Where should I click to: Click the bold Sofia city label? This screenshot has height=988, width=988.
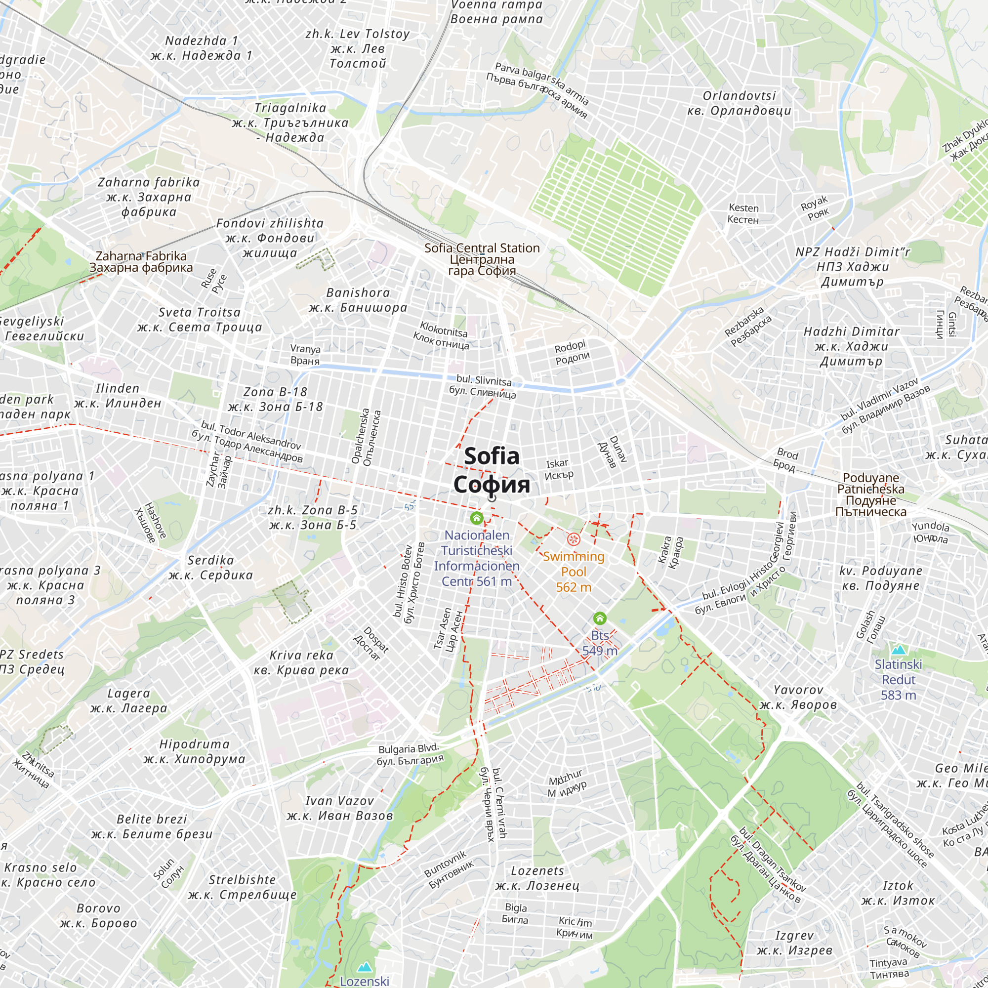click(492, 470)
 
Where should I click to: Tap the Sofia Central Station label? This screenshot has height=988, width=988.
click(482, 259)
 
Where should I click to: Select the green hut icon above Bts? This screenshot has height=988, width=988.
click(600, 618)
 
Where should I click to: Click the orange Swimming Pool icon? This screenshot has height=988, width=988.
click(573, 539)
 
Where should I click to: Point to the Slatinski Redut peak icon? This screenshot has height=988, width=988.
click(899, 650)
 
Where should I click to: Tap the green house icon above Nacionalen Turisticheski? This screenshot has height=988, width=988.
click(477, 518)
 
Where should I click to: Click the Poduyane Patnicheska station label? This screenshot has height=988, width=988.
click(870, 494)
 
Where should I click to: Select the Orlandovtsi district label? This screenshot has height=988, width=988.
click(739, 103)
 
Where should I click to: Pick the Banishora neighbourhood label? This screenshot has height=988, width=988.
click(358, 300)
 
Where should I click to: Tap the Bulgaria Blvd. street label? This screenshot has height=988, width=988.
click(409, 755)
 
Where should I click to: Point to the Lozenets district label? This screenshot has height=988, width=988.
click(537, 877)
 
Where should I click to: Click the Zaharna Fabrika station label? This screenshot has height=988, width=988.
click(141, 261)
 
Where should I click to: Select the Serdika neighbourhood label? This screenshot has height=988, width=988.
click(211, 567)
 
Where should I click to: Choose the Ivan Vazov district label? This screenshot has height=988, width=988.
click(339, 808)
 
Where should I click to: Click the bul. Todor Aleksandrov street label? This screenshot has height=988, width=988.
click(247, 442)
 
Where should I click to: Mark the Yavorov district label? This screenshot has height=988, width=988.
click(798, 697)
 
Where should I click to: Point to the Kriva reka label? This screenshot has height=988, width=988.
click(301, 662)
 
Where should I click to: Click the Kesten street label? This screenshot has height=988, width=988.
click(743, 214)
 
